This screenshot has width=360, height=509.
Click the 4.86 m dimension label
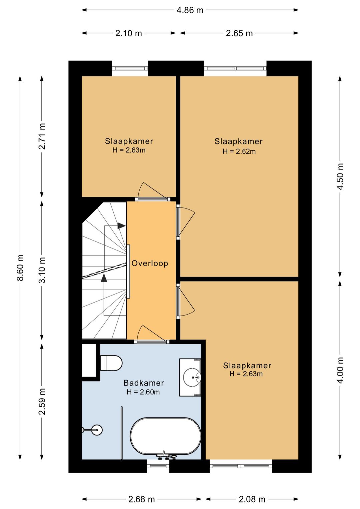click(190, 10)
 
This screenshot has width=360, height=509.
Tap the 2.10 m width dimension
click(129, 33)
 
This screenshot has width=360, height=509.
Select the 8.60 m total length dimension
click(20, 268)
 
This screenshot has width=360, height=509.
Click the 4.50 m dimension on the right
click(340, 176)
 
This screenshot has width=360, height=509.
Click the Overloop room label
click(150, 264)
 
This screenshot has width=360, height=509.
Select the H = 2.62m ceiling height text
click(239, 151)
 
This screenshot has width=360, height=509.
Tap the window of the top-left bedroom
click(130, 68)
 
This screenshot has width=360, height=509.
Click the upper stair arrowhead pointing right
click(122, 226)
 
